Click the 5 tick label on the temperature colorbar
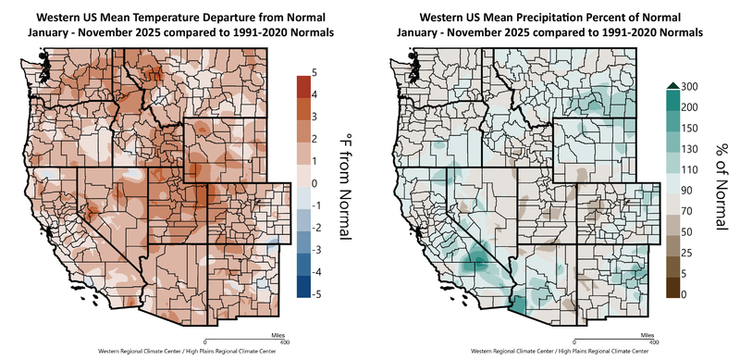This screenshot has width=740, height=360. pyautogui.click(x=316, y=72)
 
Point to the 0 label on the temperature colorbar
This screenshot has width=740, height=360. pyautogui.click(x=316, y=183)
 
